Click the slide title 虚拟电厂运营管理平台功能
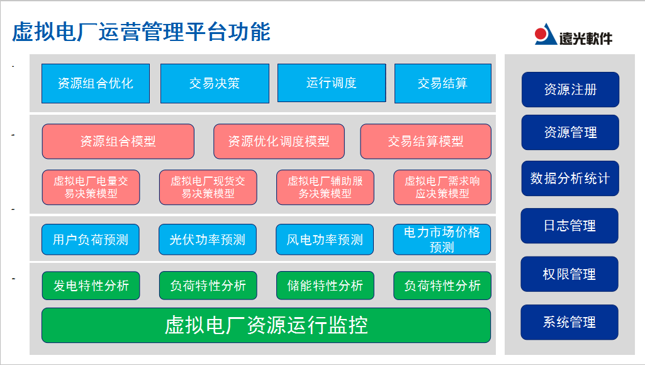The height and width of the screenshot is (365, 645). coord(141,32)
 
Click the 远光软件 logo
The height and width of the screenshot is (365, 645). coord(573,36)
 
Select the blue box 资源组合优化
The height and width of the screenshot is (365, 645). coord(96,83)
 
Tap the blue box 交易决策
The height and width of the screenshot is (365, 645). coord(215,83)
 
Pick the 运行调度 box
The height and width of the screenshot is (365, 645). coord(331,83)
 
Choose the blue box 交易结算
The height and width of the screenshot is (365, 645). coord(442,83)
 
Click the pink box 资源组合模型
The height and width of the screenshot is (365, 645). coord(118,141)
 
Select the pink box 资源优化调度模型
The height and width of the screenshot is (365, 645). coord(278,141)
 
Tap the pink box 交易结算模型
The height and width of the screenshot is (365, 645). coord(425,141)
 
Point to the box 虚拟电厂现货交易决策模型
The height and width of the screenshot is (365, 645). coord(208,187)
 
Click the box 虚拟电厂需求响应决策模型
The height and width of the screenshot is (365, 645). coord(442,187)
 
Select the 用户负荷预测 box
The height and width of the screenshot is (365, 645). coord(91,240)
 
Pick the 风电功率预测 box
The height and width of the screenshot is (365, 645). coord(325,240)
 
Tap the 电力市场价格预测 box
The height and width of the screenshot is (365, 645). coord(442,240)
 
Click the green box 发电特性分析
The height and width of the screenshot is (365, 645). coord(91,286)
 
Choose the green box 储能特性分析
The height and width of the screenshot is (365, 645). coord(325,286)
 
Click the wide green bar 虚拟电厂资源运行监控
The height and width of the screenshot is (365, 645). coord(266,325)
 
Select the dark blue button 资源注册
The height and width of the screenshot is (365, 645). coord(570,90)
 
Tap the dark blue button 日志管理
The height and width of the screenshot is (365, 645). coord(569,226)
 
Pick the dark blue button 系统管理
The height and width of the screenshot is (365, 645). coord(569,322)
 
